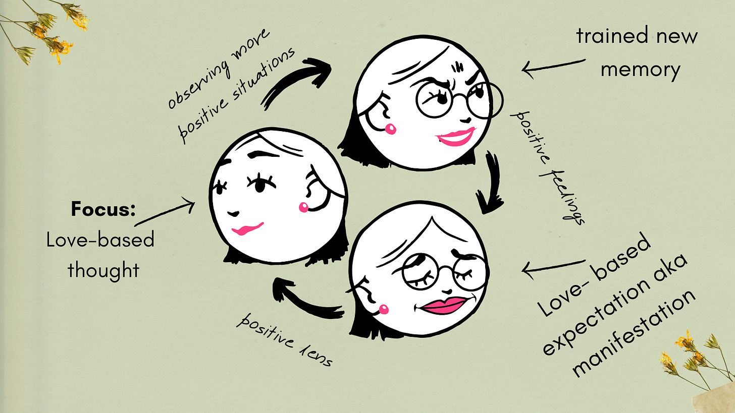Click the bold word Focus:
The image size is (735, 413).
click(103, 209)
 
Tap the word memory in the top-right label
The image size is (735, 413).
click(640, 69)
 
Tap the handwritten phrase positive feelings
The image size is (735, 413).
click(548, 166)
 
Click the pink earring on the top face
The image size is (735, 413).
click(390, 130)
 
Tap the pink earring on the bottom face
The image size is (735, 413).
click(384, 309)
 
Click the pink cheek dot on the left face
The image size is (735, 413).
click(304, 207)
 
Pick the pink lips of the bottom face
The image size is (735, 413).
click(445, 304)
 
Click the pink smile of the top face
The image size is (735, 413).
click(455, 137)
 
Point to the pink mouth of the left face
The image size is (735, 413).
click(247, 229)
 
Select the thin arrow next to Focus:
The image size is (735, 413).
click(167, 212)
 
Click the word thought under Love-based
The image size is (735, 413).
click(103, 270)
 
